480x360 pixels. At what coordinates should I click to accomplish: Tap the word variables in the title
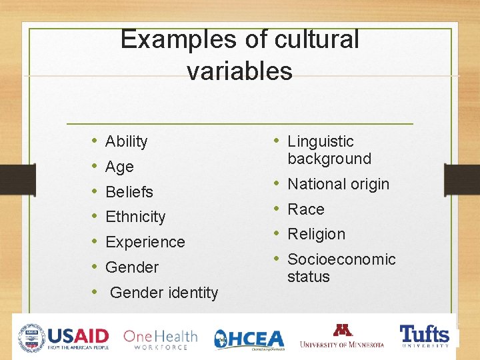tap(239, 71)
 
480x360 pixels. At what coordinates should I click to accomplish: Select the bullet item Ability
tap(126, 141)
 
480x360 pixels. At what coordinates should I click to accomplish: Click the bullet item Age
tap(119, 167)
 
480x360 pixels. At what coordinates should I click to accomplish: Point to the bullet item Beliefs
tap(129, 192)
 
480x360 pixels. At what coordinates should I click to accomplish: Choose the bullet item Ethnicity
tap(135, 217)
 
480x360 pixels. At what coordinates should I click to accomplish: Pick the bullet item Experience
tap(145, 242)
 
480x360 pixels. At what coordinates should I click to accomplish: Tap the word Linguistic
tap(320, 141)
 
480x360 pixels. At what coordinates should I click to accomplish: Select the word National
tap(315, 184)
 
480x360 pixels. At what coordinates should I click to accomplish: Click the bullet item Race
tap(305, 209)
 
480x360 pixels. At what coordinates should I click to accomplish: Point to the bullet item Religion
tap(316, 234)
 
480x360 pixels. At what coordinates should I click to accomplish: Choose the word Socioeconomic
tap(341, 259)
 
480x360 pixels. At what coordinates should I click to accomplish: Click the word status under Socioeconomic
tap(309, 277)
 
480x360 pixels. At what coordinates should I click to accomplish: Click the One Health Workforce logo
tap(160, 339)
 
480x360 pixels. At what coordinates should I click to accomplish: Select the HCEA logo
tap(249, 339)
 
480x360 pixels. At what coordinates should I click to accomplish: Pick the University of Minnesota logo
tap(342, 337)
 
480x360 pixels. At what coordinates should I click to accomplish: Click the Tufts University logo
tap(424, 335)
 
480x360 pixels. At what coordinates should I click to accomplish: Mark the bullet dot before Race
tap(275, 209)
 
